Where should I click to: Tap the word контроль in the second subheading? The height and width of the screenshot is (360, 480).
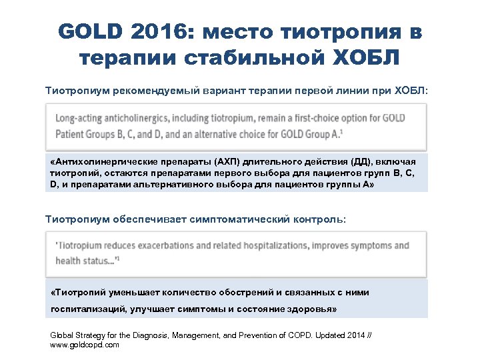tap(320, 219)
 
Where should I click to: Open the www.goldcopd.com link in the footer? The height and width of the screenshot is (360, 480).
tap(85, 345)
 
